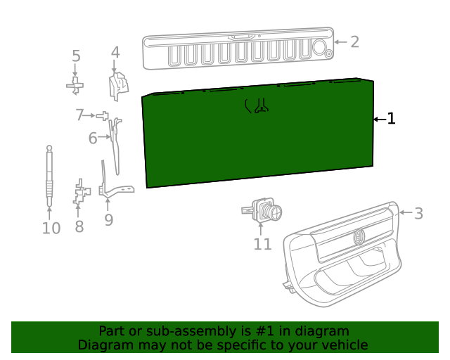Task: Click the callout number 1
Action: (392, 120)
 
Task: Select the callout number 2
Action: (354, 42)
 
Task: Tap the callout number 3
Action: (418, 214)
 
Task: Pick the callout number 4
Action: (115, 53)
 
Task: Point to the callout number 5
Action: (76, 57)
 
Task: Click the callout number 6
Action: (93, 139)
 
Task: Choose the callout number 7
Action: (80, 115)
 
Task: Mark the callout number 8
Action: (79, 226)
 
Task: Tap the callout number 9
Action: (108, 220)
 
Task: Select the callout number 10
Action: (51, 229)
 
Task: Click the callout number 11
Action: (262, 244)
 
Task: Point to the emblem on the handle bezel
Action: (359, 237)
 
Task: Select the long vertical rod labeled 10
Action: (49, 176)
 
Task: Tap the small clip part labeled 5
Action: (75, 86)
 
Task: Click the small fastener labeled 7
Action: (103, 115)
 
